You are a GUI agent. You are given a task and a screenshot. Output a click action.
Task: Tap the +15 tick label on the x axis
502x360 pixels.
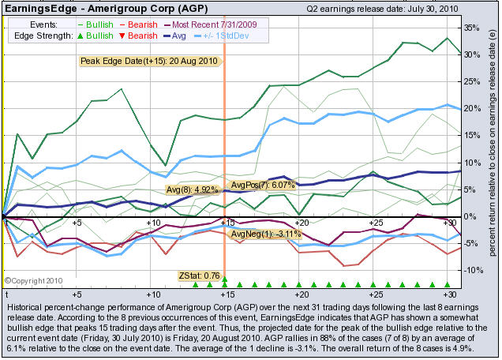(x=225, y=223)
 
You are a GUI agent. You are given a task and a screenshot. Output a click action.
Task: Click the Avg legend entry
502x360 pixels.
(x=174, y=36)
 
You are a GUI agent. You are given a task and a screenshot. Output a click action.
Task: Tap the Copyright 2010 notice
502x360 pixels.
(x=34, y=279)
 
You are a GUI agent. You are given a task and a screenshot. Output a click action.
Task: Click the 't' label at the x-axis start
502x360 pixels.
(x=6, y=224)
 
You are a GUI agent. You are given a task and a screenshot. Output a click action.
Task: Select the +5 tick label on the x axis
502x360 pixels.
(x=77, y=223)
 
